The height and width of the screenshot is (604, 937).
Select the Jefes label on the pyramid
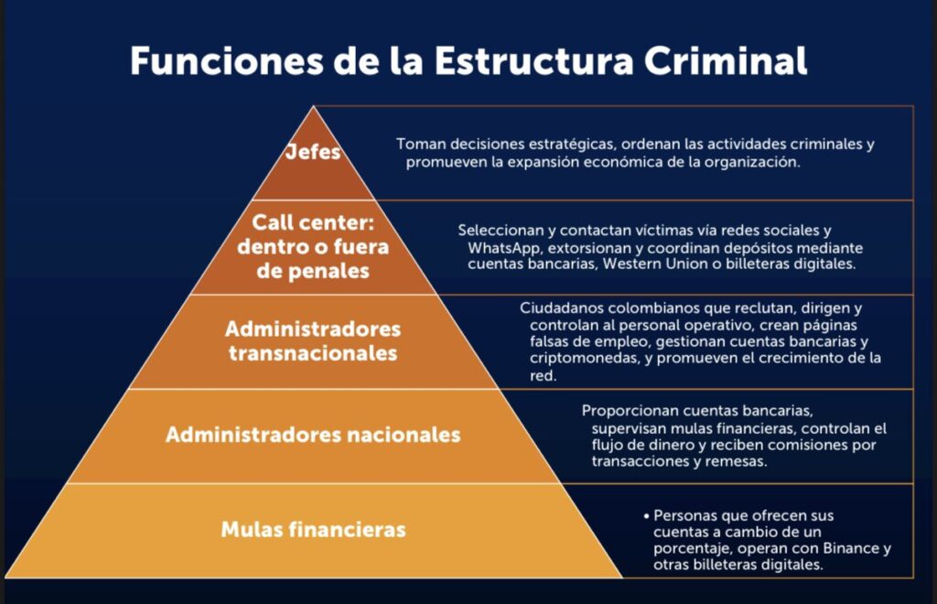[314, 153]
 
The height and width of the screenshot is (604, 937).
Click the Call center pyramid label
[314, 247]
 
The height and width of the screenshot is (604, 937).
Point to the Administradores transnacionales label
[313, 340]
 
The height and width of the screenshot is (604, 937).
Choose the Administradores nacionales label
[313, 435]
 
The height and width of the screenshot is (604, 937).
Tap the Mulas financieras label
[313, 529]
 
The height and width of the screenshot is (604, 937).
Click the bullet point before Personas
[646, 516]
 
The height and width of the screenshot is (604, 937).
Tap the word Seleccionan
[500, 231]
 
